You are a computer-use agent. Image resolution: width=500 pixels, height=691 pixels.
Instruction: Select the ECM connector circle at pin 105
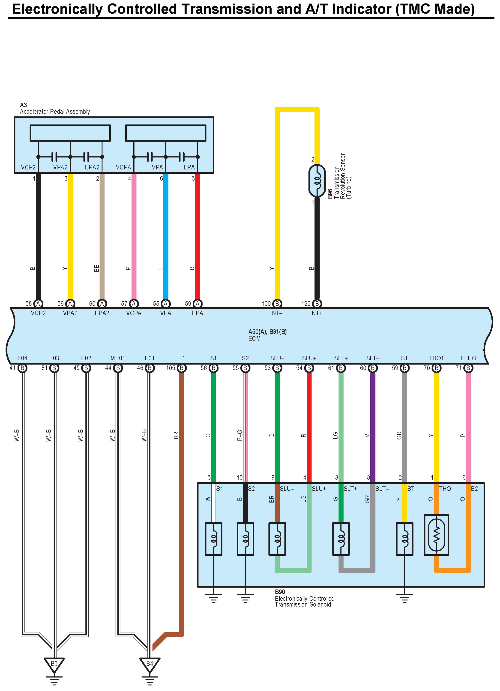(x=181, y=368)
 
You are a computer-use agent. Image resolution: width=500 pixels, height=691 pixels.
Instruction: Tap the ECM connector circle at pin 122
(x=317, y=303)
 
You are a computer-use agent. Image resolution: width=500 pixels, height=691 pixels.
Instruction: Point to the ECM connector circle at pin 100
(x=277, y=303)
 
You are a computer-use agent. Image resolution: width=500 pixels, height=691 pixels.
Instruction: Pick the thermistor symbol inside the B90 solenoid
(x=436, y=535)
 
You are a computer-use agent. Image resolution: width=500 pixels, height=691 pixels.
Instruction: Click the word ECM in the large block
(x=254, y=338)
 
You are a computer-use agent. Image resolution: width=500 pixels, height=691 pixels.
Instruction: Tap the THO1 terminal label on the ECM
(x=436, y=358)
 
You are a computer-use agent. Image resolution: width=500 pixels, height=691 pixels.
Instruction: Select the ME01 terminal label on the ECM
(x=118, y=358)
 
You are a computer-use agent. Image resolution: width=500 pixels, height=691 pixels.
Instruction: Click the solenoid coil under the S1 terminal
(x=213, y=539)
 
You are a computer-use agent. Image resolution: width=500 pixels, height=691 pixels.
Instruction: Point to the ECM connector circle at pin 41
(x=22, y=368)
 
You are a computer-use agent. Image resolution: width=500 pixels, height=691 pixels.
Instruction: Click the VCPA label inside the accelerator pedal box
(x=123, y=167)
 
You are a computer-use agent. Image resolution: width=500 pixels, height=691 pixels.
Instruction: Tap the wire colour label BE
(x=97, y=268)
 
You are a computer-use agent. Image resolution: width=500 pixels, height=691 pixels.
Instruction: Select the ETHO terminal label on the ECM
(x=468, y=358)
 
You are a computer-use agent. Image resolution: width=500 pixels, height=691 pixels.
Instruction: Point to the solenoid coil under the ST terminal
(x=404, y=539)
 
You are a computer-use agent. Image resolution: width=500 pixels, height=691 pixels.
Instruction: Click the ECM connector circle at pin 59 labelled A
(x=198, y=303)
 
